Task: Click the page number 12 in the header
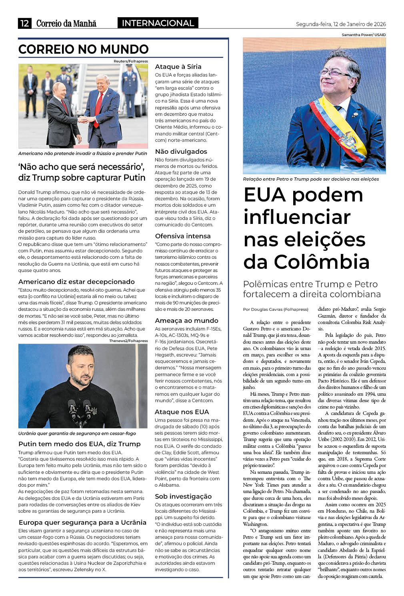24,23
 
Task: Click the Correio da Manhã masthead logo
66,23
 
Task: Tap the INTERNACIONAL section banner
158,23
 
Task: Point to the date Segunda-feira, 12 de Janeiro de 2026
341,24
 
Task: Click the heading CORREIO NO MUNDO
83,49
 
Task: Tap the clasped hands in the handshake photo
84,119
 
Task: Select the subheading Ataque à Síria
178,66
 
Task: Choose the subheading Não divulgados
181,151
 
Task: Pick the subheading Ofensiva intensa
182,236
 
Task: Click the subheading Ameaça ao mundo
186,320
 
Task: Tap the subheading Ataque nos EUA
182,412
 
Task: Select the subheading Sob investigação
183,496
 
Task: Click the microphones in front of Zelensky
80,411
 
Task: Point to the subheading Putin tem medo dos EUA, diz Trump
79,444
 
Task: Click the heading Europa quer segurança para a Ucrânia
82,522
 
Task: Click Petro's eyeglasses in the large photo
336,72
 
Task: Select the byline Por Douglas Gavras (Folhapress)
276,309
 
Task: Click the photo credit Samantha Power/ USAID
364,35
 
